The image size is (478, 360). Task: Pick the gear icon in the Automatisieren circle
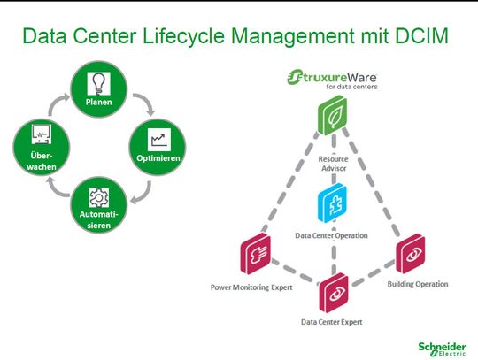97,195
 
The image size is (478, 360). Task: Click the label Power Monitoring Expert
256,287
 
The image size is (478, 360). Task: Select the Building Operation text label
418,284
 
